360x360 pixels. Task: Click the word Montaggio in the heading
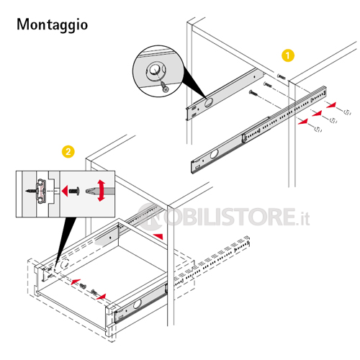coord(53,24)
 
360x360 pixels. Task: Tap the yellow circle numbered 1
coord(288,55)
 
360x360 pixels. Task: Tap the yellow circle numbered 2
coord(68,152)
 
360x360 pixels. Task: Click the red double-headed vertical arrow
coord(102,191)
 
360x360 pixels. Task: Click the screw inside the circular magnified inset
coord(164,86)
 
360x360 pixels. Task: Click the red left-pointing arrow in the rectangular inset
coord(65,191)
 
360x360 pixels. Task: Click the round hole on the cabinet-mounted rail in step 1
coord(208,102)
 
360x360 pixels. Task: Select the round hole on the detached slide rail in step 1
coord(214,154)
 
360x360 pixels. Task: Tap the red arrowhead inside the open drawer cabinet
coord(158,236)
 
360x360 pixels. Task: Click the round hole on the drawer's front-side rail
coord(138,304)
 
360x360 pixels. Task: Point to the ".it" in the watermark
coord(303,218)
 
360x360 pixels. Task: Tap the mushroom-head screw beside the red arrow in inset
coord(74,192)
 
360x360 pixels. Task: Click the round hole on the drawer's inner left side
coord(65,264)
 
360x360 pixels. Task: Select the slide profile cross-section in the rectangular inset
coord(41,191)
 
